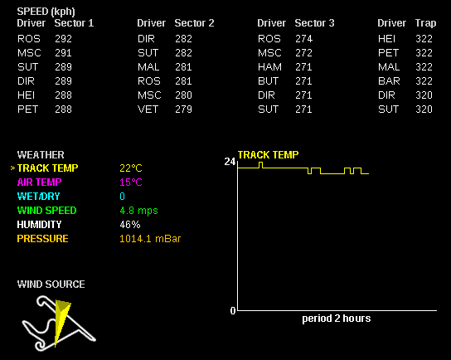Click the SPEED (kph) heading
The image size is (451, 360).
[46, 12]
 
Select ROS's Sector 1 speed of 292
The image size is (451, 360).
[63, 39]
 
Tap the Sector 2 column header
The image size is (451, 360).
[195, 23]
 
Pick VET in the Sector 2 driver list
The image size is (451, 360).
[148, 109]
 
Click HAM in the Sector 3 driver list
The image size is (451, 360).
[269, 67]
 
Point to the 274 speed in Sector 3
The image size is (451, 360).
[303, 39]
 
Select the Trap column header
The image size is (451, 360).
[425, 23]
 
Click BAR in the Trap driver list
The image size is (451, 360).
[389, 81]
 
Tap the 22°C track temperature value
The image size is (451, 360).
[131, 168]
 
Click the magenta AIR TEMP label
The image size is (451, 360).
[40, 182]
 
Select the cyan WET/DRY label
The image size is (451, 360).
[38, 197]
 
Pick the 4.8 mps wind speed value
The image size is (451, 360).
[138, 211]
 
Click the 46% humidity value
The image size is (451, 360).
[130, 225]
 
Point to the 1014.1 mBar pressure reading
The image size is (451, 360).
[150, 239]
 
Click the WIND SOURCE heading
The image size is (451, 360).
[51, 285]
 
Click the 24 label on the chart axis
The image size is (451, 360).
[230, 162]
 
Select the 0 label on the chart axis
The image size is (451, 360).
[233, 310]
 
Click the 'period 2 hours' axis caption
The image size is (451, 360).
[337, 319]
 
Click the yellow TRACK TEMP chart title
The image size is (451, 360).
[268, 155]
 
